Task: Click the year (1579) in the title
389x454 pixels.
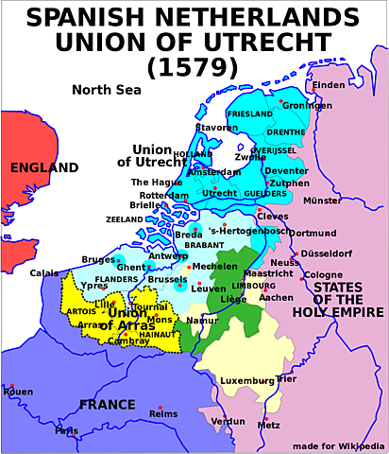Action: pos(194,67)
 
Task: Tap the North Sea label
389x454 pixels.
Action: pos(107,91)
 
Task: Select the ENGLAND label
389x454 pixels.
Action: pos(43,168)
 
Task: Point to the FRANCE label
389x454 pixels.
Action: pos(107,405)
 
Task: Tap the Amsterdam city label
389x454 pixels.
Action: pos(214,172)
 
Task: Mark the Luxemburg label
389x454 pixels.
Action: pos(246,381)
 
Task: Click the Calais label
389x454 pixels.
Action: pos(43,273)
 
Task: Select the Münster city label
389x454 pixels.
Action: pos(322,201)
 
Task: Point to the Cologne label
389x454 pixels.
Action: pos(323,275)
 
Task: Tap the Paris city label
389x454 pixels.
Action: pos(66,431)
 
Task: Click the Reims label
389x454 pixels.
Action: pos(163,413)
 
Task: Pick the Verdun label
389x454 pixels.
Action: pos(227,421)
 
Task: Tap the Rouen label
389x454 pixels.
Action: pos(18,391)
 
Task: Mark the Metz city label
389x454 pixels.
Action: pos(268,426)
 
